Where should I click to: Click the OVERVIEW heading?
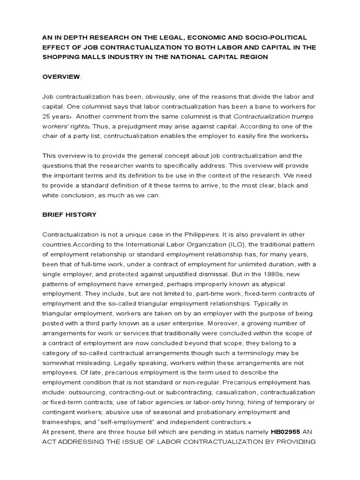(60, 77)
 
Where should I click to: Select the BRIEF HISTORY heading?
(69, 215)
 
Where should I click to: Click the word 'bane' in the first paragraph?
(241, 106)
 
